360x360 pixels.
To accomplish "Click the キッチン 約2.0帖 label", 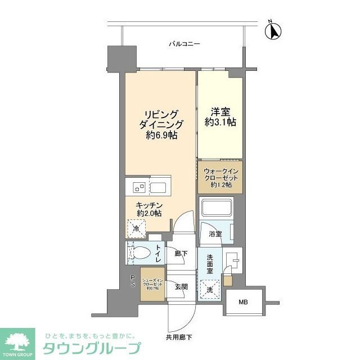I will [148, 210].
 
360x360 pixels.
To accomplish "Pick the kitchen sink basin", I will [158, 187].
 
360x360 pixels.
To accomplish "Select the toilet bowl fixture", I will [141, 253].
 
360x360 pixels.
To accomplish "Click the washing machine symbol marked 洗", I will [209, 289].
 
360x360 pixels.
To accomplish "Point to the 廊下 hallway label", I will [181, 254].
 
